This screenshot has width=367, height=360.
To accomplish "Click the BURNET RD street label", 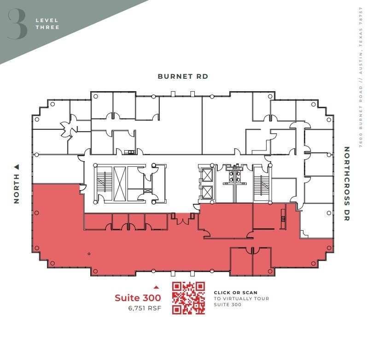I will (183, 76).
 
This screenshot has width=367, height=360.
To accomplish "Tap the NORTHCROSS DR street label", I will (347, 184).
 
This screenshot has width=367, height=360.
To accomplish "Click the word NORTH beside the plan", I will (17, 188).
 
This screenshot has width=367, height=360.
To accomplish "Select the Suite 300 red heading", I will (138, 297).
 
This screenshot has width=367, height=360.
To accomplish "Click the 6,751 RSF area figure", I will (145, 308).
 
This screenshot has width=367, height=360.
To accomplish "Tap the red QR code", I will (188, 298).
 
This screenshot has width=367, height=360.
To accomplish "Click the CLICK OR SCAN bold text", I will (235, 292).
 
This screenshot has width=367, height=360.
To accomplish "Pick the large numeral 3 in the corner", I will (17, 24).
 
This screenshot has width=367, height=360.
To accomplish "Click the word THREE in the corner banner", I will (47, 27).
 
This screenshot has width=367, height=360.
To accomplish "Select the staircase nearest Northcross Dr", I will (261, 183).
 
